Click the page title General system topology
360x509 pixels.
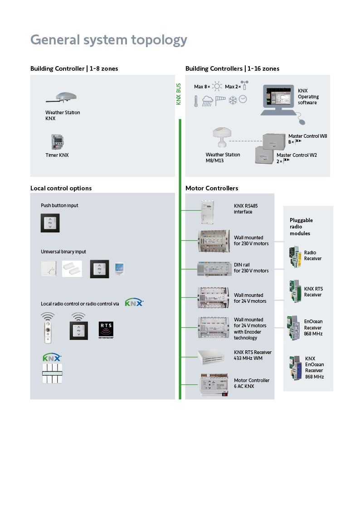tap(108, 40)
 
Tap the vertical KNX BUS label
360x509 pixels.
tap(179, 94)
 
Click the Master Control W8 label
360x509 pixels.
tap(307, 136)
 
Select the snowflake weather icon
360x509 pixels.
tap(233, 100)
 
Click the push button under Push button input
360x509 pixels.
tap(50, 223)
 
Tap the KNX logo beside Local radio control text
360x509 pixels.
tap(134, 302)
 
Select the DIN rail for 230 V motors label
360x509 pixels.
tap(251, 268)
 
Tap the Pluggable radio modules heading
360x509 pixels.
tap(301, 227)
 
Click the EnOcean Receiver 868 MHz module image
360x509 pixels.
tap(290, 328)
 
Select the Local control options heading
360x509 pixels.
tap(61, 188)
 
